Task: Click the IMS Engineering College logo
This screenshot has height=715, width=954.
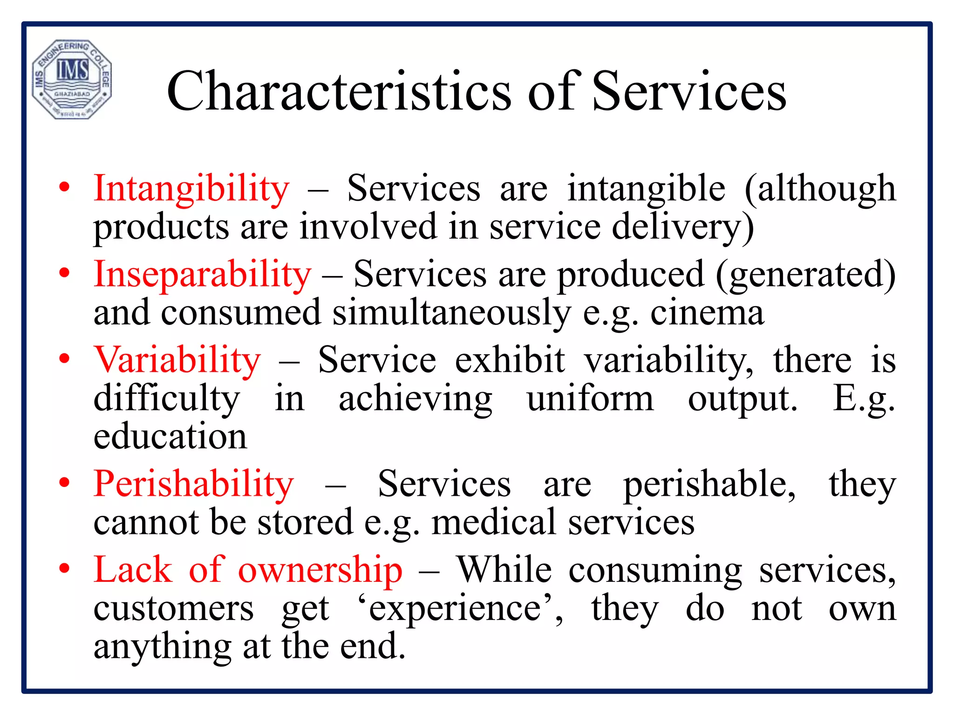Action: (x=72, y=80)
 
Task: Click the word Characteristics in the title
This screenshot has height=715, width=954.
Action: (x=339, y=91)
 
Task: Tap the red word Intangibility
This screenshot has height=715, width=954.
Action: (x=191, y=189)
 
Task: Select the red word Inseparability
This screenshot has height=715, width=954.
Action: (x=202, y=275)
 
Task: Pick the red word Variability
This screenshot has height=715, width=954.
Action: (x=177, y=360)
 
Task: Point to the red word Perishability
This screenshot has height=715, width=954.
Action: (x=194, y=484)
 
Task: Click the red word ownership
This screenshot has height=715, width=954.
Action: (x=320, y=571)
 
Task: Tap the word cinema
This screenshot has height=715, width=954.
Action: (x=707, y=313)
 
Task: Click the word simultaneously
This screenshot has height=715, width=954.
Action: (x=451, y=313)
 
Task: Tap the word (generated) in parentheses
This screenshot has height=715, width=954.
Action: (x=805, y=275)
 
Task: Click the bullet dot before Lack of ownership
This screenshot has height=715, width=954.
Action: (x=64, y=569)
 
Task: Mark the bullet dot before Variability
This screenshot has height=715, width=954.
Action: (x=64, y=358)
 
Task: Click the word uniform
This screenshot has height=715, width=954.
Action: (x=590, y=399)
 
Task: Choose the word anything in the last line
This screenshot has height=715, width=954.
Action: (x=162, y=647)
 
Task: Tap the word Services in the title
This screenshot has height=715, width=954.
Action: (x=689, y=91)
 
